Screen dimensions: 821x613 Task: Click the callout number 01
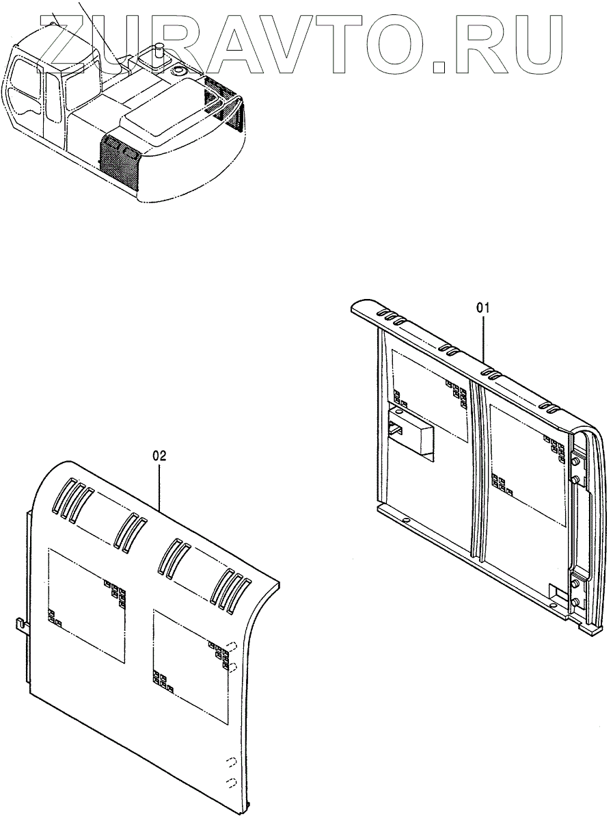(x=483, y=309)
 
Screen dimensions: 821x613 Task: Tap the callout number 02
(x=159, y=454)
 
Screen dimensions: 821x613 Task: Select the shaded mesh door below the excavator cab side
(x=122, y=161)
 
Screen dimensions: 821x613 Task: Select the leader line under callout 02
(x=160, y=486)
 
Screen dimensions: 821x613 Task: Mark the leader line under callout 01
(x=485, y=339)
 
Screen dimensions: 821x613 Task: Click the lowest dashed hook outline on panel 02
(x=231, y=781)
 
